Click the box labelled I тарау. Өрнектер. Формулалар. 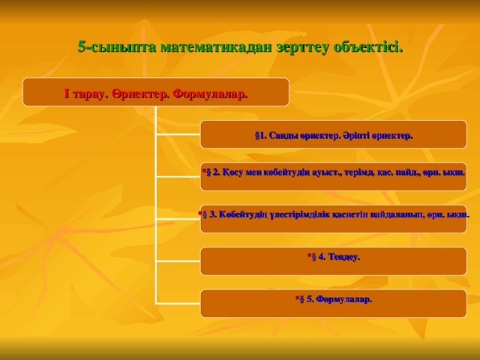point(155,92)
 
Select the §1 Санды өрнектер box point(334,135)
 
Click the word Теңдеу point(343,257)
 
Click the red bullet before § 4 point(307,255)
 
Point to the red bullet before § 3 point(200,212)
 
